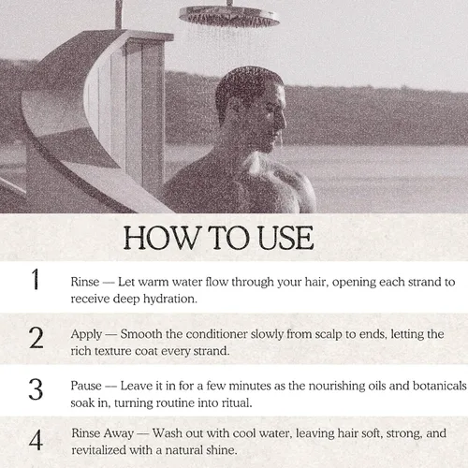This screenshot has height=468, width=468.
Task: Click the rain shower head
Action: coord(229,16)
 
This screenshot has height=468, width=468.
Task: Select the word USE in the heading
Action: coord(285,238)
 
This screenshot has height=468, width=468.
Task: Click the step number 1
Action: coord(36,279)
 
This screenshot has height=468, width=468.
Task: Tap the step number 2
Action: coord(36,338)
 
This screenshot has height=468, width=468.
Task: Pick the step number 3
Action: coord(36,389)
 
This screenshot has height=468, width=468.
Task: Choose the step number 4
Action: coord(36,440)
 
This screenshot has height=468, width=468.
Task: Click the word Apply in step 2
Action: coord(86,335)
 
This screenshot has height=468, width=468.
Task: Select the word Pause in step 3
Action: coord(86,386)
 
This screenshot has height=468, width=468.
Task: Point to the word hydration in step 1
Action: coord(170,299)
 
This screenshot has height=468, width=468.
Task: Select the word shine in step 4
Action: coord(222,450)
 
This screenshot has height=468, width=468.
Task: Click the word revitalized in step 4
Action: coord(98,450)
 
